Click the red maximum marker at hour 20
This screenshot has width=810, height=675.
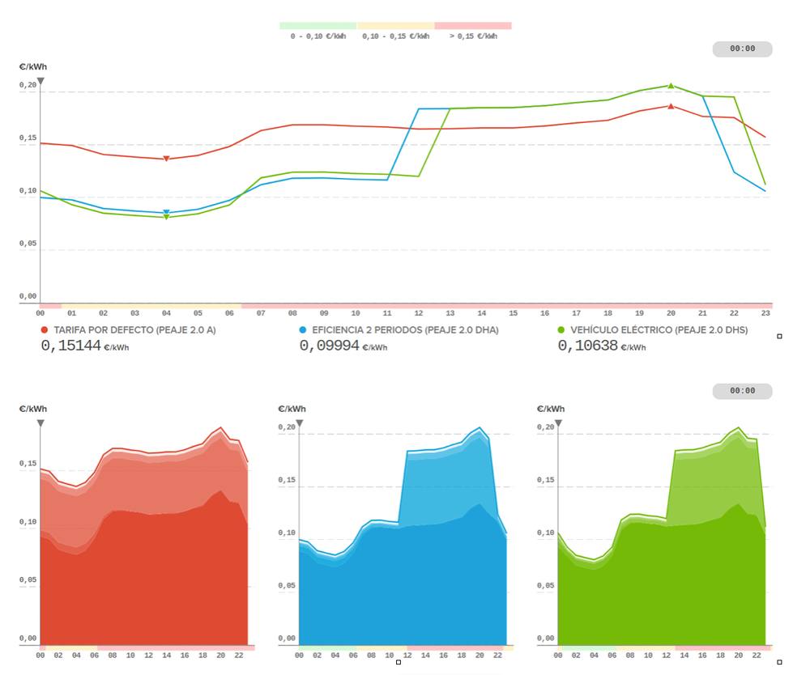[671, 106]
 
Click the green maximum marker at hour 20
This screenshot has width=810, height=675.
[671, 85]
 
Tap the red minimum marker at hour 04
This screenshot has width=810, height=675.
[166, 159]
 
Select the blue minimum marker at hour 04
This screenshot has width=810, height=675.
[166, 212]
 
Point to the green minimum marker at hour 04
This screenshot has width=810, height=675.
[166, 217]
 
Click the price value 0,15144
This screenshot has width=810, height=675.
[70, 346]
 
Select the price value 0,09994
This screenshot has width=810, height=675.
[329, 346]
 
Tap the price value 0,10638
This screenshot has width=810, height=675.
[587, 346]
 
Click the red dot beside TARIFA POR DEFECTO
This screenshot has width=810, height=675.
[45, 330]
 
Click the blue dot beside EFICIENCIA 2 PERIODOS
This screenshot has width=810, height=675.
[303, 330]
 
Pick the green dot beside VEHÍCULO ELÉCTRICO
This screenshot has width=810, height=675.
[561, 330]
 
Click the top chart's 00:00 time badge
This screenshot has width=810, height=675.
[742, 49]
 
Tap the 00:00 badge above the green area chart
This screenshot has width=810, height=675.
[742, 391]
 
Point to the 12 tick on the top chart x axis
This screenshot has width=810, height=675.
[418, 312]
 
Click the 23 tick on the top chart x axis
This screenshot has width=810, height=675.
[765, 312]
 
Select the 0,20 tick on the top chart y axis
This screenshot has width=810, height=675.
[28, 84]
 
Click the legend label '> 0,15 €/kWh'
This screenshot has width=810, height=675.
[473, 36]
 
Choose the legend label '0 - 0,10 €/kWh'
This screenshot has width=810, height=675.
[318, 36]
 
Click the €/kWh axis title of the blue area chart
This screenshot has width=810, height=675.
[291, 409]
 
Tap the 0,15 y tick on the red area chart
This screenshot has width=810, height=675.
[28, 463]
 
